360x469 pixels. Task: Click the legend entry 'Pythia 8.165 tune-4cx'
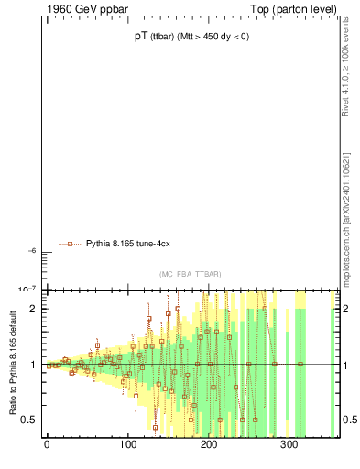tap(128, 244)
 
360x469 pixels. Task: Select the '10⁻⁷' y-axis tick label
tap(27, 289)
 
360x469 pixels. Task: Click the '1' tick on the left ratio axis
tap(34, 365)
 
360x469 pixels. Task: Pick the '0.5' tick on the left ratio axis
tap(30, 420)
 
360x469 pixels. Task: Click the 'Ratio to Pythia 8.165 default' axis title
tap(11, 365)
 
